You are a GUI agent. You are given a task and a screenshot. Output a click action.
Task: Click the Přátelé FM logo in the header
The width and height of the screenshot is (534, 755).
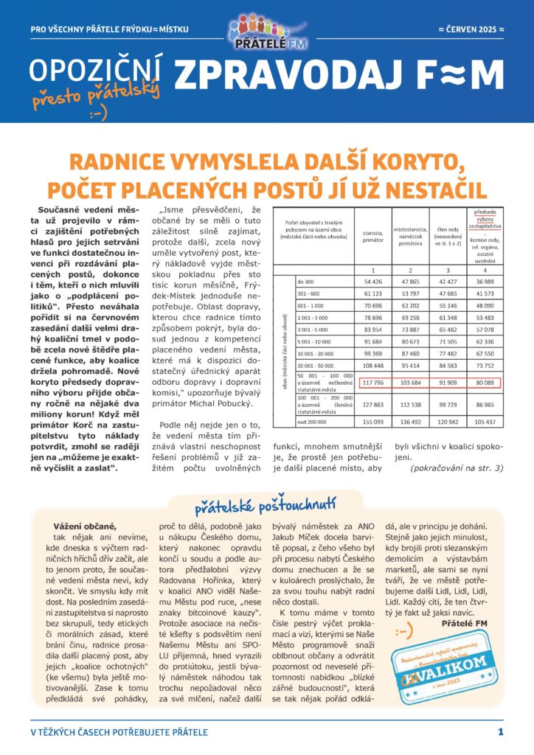[x=267, y=32]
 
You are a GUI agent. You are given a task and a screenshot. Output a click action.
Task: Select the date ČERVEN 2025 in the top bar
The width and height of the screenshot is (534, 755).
[x=471, y=29]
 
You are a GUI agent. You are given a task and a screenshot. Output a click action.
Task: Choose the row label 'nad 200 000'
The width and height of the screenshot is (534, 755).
[x=312, y=421]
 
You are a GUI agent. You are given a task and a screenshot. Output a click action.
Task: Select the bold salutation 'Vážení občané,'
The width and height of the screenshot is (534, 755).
[x=85, y=526]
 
